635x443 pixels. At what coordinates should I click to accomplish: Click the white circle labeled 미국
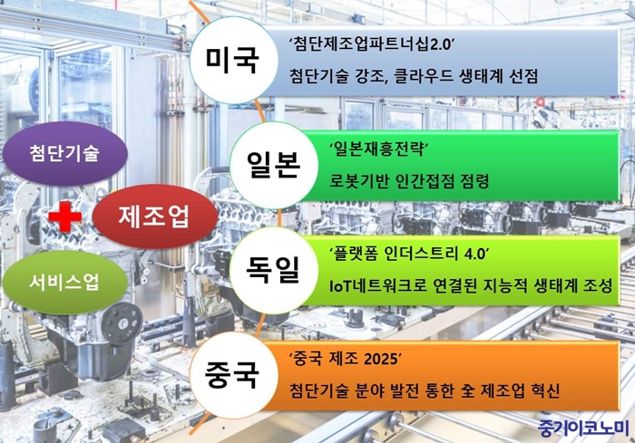tap(234, 61)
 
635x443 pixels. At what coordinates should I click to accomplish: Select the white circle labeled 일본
tap(274, 165)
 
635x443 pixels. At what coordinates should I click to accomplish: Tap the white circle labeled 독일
tap(274, 270)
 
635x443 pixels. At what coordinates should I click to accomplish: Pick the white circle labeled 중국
tap(234, 375)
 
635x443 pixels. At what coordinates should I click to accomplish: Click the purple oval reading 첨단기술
tap(64, 153)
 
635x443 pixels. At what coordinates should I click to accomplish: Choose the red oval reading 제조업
tap(155, 217)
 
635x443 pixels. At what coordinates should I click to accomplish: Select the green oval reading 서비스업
tap(64, 283)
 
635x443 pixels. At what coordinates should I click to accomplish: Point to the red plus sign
tap(65, 217)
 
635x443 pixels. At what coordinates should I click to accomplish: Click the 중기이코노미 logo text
tap(583, 429)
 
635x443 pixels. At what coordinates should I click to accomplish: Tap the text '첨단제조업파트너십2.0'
tap(372, 45)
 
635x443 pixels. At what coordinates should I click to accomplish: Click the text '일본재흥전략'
tap(379, 149)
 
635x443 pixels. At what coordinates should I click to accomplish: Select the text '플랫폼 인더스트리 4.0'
tap(409, 255)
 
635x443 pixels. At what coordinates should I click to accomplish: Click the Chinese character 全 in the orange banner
tap(467, 390)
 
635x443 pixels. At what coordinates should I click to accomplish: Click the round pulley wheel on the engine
tap(122, 323)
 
